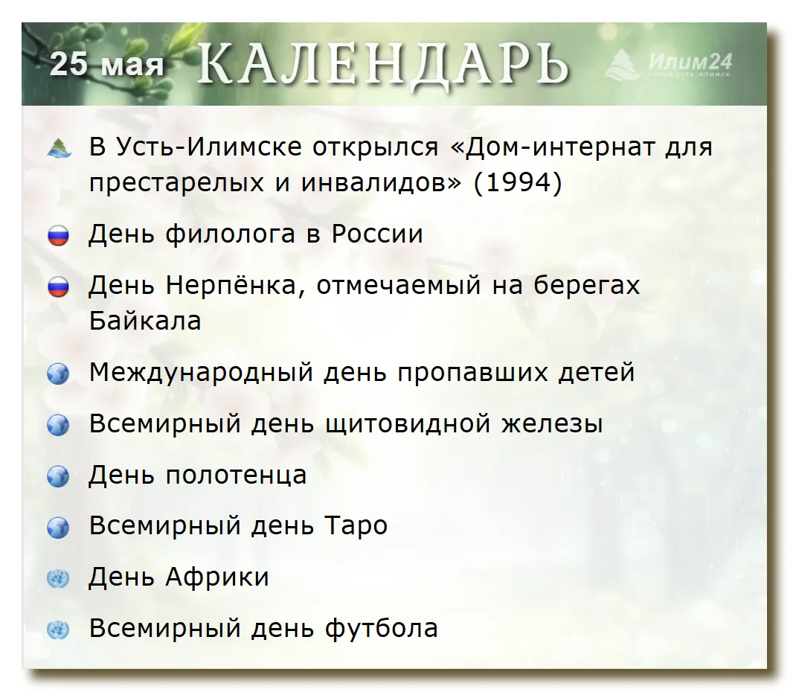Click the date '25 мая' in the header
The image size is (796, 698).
point(106,65)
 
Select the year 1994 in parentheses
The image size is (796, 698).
point(518,182)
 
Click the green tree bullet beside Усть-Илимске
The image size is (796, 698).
point(59,148)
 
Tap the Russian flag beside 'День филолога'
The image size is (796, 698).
point(58,236)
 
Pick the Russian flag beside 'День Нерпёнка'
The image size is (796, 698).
point(58,286)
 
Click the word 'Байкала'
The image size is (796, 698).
point(145,321)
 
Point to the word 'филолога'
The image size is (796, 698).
point(231,234)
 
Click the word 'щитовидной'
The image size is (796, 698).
point(408,424)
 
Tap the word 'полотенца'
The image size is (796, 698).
point(236,476)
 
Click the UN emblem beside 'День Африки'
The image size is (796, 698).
point(58,579)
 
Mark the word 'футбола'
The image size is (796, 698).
point(381,628)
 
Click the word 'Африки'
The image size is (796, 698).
point(217,577)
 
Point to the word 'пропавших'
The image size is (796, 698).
point(472,373)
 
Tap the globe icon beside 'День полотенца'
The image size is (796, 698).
point(58,477)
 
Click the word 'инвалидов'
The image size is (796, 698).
point(381,183)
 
